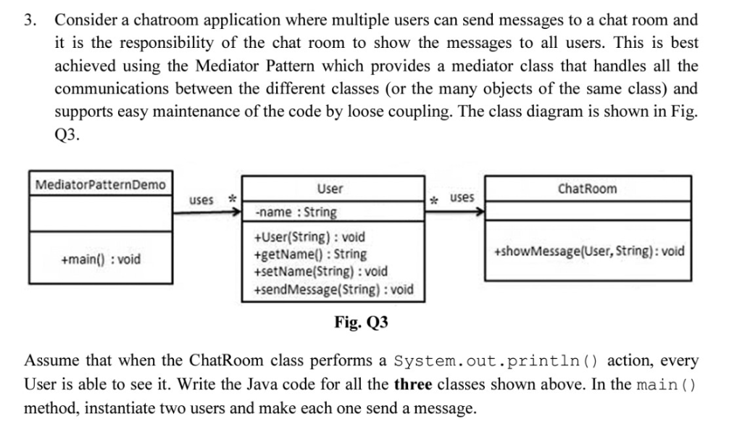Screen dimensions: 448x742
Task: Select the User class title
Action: [330, 189]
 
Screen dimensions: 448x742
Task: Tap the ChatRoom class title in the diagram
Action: [588, 188]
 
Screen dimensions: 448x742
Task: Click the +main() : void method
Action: [101, 260]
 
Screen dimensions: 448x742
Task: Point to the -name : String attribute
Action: [296, 212]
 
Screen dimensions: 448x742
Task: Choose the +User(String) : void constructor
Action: [310, 237]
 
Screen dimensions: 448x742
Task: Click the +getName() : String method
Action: [309, 254]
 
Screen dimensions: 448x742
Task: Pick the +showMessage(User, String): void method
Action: [588, 252]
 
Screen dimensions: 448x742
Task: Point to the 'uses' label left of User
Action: [201, 199]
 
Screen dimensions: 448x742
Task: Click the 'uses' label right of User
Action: [462, 198]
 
